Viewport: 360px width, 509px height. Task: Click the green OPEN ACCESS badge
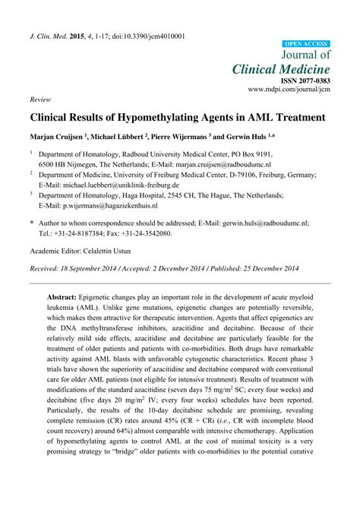pos(306,44)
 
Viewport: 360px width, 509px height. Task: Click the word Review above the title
pos(39,99)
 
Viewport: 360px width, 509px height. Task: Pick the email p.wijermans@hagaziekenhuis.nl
pos(111,205)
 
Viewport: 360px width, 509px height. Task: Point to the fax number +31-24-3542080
pos(144,233)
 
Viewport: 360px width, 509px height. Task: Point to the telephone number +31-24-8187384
pos(73,233)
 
